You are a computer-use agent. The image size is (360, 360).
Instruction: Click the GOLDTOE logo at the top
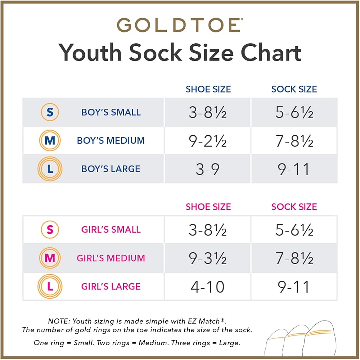(x=179, y=25)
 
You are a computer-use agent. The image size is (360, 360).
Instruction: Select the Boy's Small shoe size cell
(x=208, y=112)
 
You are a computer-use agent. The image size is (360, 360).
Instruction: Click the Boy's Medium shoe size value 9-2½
(x=208, y=141)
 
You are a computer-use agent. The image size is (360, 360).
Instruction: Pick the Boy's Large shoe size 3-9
(x=208, y=169)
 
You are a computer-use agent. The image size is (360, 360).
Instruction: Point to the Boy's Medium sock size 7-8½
(x=294, y=141)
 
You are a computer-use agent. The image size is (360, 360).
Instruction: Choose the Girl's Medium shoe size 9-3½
(x=208, y=258)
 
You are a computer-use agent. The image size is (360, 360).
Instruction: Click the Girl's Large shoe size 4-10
(x=208, y=287)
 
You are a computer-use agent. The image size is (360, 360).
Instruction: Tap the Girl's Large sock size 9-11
(x=294, y=287)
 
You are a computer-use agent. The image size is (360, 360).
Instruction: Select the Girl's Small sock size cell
(x=294, y=230)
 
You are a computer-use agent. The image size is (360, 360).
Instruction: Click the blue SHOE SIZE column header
(x=208, y=89)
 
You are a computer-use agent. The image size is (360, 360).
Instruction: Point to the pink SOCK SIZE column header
(x=294, y=207)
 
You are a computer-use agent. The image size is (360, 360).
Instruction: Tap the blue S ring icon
(x=50, y=112)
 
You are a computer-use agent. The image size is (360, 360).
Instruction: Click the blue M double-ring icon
(x=50, y=140)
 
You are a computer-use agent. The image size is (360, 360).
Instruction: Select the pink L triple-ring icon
(x=50, y=287)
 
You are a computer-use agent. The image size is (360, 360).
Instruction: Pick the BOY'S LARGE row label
(x=111, y=169)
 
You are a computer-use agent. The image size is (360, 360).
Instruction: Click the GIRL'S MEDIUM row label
(x=111, y=258)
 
